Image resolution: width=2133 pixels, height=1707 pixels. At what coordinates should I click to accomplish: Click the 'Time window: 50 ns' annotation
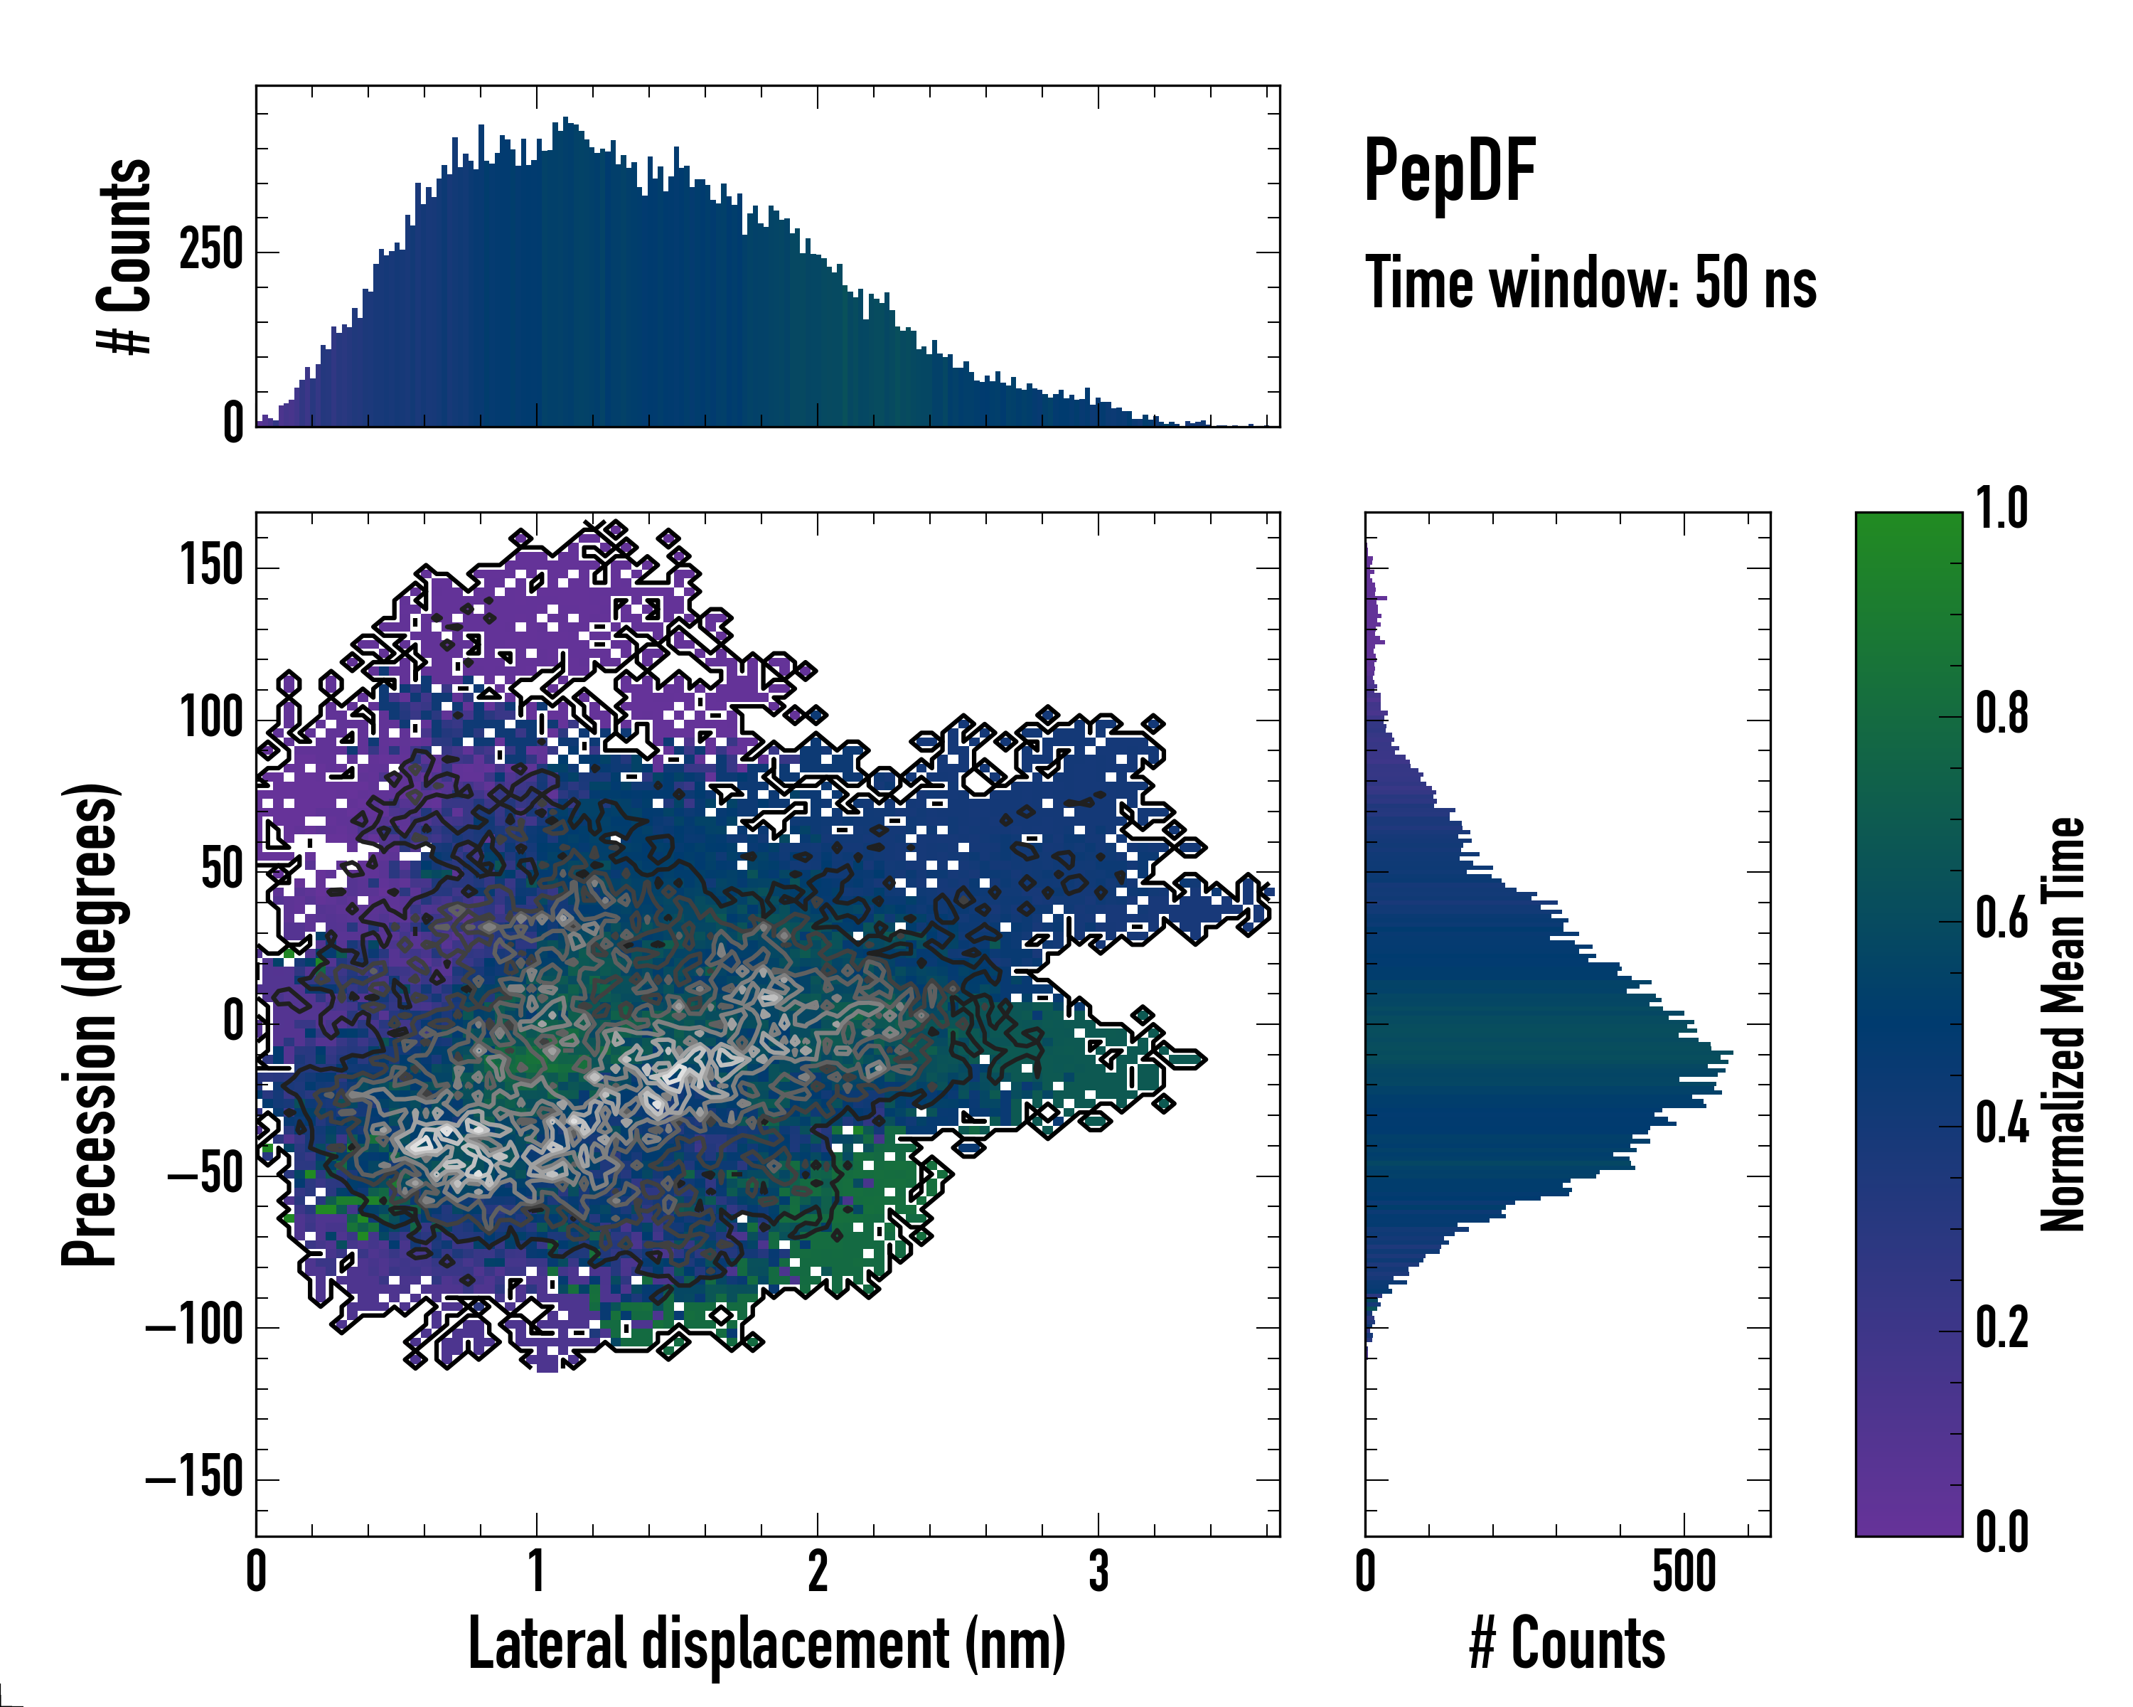tap(1590, 283)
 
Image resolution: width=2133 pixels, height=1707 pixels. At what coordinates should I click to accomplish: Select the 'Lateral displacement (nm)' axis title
tap(766, 1644)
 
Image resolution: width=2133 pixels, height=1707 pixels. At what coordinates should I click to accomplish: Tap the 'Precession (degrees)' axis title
tap(91, 1024)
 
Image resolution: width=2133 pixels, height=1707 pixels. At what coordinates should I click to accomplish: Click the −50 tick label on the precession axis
tap(205, 1176)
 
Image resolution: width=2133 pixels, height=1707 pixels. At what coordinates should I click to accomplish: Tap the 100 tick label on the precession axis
tap(212, 718)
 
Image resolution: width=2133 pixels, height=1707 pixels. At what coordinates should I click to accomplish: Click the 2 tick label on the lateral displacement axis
tap(817, 1571)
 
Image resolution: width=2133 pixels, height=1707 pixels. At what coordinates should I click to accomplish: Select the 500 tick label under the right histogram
tap(1684, 1571)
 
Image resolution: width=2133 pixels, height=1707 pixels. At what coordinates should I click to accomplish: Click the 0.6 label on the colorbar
tap(2001, 918)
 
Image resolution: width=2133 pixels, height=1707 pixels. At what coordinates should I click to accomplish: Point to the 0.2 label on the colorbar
tap(2001, 1328)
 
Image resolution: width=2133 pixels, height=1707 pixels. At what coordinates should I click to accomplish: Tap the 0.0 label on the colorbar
tap(2001, 1532)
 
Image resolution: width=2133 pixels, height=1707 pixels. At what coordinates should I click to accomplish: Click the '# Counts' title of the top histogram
tap(126, 255)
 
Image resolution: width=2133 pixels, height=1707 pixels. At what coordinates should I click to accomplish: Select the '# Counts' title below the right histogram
tap(1567, 1644)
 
